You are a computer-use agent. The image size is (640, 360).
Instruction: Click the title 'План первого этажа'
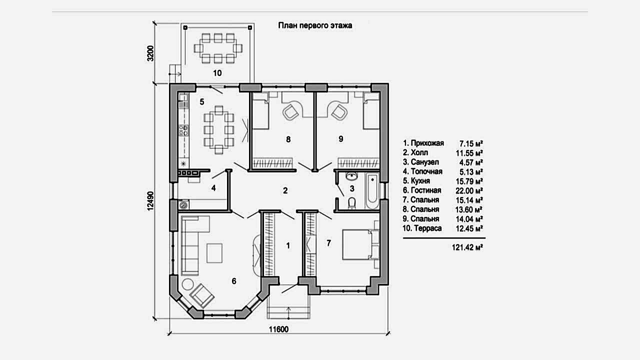click(x=315, y=25)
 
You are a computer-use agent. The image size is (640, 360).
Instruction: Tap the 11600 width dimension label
click(x=278, y=329)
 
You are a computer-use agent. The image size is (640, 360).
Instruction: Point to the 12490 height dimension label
click(x=150, y=201)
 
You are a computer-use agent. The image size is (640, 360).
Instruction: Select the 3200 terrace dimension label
click(x=150, y=53)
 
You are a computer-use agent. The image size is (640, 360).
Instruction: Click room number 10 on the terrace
click(x=217, y=73)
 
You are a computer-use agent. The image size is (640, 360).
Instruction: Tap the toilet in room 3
click(x=352, y=203)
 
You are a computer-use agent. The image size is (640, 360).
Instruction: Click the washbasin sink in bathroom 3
click(x=351, y=175)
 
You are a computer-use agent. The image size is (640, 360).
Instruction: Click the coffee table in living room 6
click(x=214, y=253)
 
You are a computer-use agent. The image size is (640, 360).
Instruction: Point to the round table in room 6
click(x=188, y=284)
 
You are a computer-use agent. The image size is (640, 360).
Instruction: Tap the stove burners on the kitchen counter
click(x=183, y=130)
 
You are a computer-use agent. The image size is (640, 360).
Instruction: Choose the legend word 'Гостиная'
click(x=426, y=190)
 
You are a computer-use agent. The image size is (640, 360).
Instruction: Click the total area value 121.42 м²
click(x=467, y=247)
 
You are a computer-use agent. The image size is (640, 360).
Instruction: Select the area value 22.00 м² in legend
click(x=469, y=190)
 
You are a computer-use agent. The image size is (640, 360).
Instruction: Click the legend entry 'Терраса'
click(x=427, y=228)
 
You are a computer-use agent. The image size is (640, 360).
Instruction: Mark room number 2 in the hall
click(x=285, y=190)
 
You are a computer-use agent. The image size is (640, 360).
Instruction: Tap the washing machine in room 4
click(x=183, y=204)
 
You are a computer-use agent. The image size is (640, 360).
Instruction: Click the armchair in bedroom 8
click(x=290, y=111)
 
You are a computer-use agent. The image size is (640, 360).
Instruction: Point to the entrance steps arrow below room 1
click(x=288, y=312)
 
